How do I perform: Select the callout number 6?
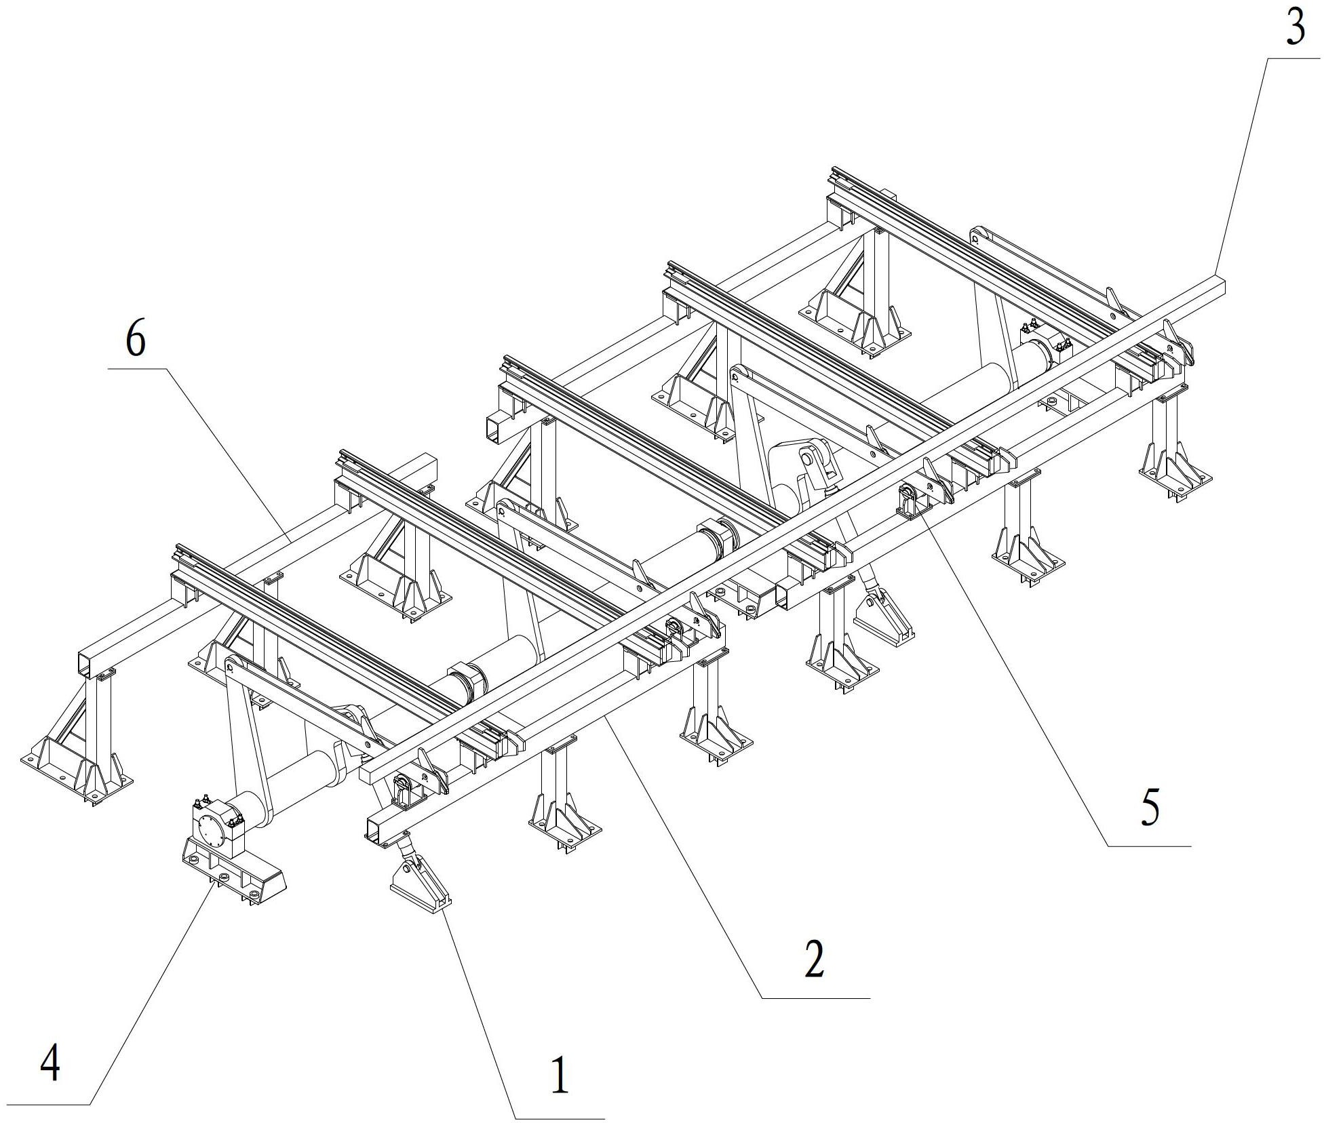coord(136,340)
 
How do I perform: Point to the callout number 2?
coord(814,960)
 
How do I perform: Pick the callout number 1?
coord(559,1076)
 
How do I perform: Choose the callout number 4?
coord(50,1063)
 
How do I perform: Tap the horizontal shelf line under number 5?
coord(1149,846)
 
